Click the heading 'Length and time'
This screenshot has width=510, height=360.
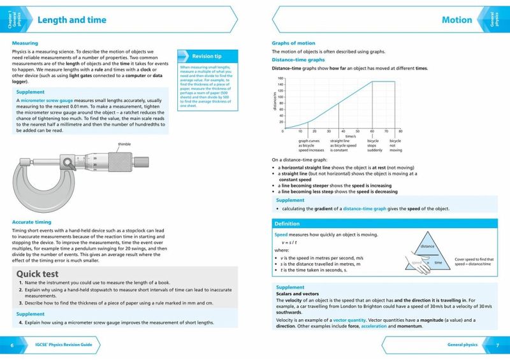(71, 20)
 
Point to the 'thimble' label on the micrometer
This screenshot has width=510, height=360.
(124, 145)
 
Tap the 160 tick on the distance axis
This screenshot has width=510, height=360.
(280, 78)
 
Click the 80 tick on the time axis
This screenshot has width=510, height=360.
(400, 131)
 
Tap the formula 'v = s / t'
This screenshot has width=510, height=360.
(290, 243)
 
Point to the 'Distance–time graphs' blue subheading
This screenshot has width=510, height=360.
(298, 60)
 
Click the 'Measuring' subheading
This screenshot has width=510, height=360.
(25, 43)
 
